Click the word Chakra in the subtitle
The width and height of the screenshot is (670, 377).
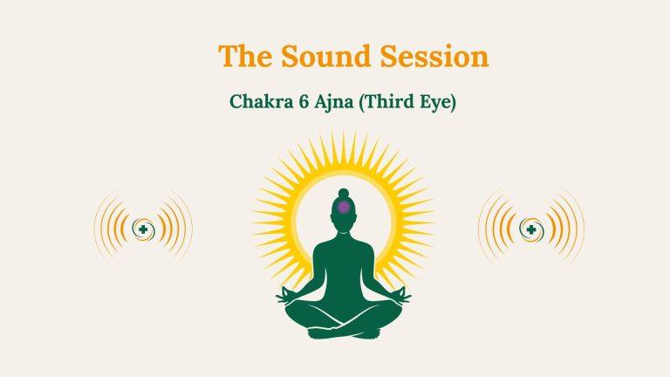tap(258, 101)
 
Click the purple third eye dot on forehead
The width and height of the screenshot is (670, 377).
tap(344, 207)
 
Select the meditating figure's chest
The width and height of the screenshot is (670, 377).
tap(344, 257)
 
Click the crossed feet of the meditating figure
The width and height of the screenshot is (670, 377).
tap(344, 330)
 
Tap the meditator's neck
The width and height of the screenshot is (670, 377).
tap(344, 230)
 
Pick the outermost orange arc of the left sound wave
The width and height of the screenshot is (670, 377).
tap(97, 229)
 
